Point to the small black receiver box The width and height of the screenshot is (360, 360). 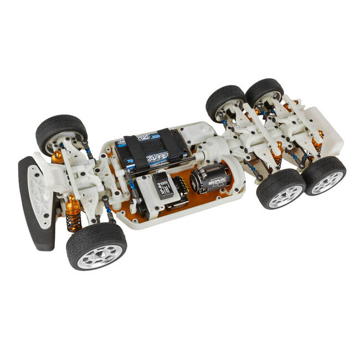point(162,185)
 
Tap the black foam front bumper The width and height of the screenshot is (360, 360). point(35,205)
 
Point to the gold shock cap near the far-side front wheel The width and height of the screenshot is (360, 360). point(58,157)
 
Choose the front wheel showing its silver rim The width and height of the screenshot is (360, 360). point(96,245)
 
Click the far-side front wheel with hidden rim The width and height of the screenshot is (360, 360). point(61,133)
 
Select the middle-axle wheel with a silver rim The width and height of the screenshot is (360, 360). point(281,188)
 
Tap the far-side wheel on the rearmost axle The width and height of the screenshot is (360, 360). point(265,91)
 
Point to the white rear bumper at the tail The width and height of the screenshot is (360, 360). point(327,133)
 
